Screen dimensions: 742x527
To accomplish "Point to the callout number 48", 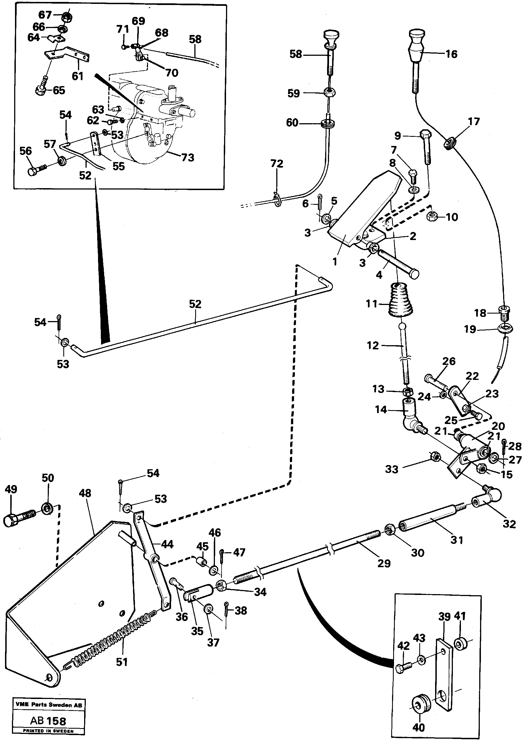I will (85, 493).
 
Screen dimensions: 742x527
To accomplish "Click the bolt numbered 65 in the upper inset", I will (42, 88).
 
